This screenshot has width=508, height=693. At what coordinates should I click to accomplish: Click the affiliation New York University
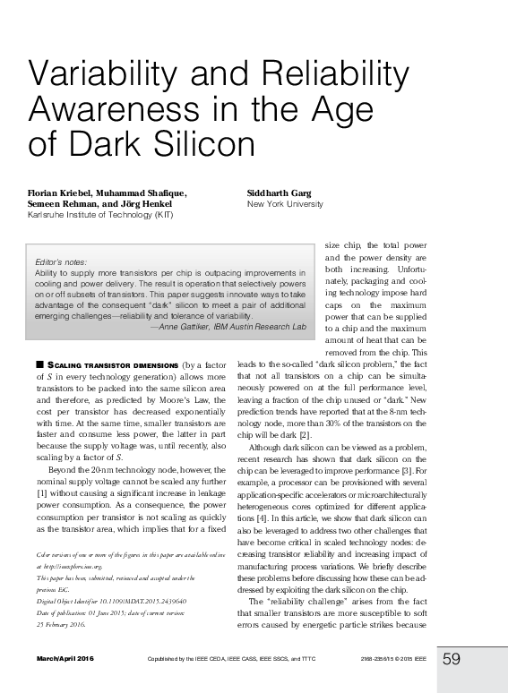(285, 204)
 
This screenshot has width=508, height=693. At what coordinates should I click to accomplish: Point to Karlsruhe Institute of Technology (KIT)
(100, 215)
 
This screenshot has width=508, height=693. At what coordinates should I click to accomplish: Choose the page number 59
(452, 659)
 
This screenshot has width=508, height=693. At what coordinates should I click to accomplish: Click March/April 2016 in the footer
(65, 660)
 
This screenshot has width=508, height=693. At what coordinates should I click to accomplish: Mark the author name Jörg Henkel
(143, 204)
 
